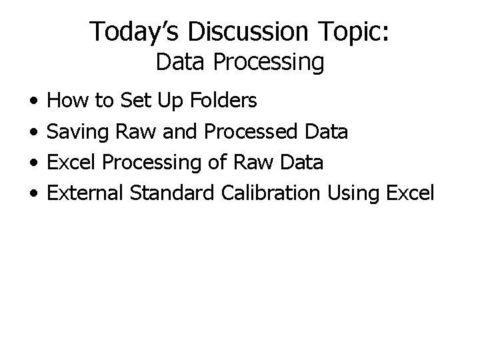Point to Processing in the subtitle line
coord(268,63)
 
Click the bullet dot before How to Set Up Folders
coord(33,101)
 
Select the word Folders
coord(223,101)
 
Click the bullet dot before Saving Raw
coord(33,132)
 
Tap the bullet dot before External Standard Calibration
coord(33,193)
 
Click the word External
coord(87,193)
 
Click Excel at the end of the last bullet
coord(410,193)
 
